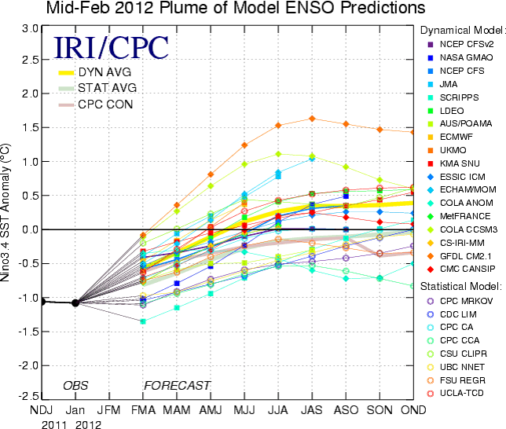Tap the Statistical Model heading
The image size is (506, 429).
462,284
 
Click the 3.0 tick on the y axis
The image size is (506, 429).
30,28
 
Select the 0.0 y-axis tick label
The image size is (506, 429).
30,229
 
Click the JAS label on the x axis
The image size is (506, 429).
312,410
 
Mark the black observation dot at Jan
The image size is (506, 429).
75,302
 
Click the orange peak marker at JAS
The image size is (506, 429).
312,119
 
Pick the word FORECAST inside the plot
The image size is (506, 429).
177,386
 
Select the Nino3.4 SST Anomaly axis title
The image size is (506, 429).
9,212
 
